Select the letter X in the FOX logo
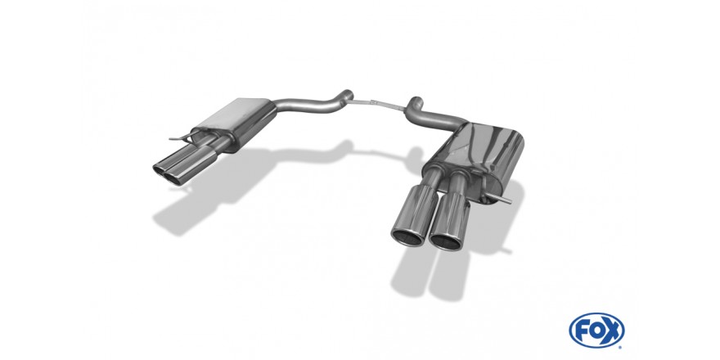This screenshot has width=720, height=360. (613, 331)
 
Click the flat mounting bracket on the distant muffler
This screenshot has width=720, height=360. (182, 137)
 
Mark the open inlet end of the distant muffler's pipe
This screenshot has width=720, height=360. (349, 93)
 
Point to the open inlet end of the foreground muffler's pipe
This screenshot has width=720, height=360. (415, 101)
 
